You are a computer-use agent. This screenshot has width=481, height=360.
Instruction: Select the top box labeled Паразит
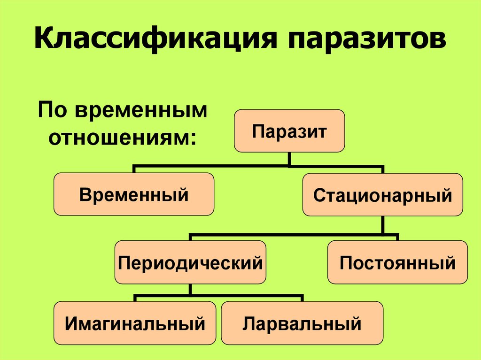coord(289,131)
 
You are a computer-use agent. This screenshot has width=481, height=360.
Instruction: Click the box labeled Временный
coord(134,194)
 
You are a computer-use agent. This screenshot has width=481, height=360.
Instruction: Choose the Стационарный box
coord(383,194)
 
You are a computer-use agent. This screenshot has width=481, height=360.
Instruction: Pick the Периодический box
coord(190,262)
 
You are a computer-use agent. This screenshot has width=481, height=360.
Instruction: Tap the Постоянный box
coord(397,262)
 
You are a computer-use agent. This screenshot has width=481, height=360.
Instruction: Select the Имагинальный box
coord(135,323)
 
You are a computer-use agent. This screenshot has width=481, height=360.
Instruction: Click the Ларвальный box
coord(302,323)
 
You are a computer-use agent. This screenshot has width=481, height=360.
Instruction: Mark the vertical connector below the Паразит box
coord(289,159)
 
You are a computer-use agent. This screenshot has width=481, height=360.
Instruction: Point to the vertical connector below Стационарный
coord(383,224)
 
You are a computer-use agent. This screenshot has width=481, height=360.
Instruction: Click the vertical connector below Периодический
coord(190,290)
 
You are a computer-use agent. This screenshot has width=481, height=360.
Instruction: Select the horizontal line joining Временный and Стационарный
coord(211,166)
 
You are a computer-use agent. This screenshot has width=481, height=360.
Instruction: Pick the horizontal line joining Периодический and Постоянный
coord(291,233)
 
